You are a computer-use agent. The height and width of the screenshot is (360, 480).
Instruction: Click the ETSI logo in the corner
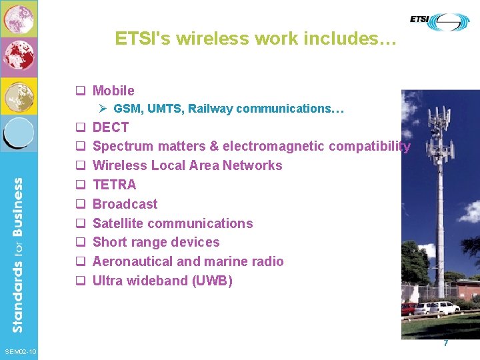(x=439, y=22)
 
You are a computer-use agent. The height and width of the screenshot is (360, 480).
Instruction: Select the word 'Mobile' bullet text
(x=113, y=91)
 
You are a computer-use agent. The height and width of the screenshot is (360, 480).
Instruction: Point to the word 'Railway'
(x=211, y=108)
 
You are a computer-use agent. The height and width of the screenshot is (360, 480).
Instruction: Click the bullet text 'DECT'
(x=111, y=127)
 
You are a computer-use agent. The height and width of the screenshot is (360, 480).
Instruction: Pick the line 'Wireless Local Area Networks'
(x=187, y=165)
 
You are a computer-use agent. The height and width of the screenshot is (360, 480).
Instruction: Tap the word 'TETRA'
(x=114, y=185)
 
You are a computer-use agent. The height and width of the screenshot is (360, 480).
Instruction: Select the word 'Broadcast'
(x=125, y=204)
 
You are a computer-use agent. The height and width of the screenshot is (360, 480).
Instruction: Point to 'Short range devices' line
(x=156, y=242)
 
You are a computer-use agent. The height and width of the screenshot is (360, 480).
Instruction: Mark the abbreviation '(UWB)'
(x=212, y=281)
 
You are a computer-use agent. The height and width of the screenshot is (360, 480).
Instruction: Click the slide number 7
(x=446, y=343)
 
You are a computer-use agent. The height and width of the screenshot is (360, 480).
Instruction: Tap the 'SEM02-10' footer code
(x=21, y=351)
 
